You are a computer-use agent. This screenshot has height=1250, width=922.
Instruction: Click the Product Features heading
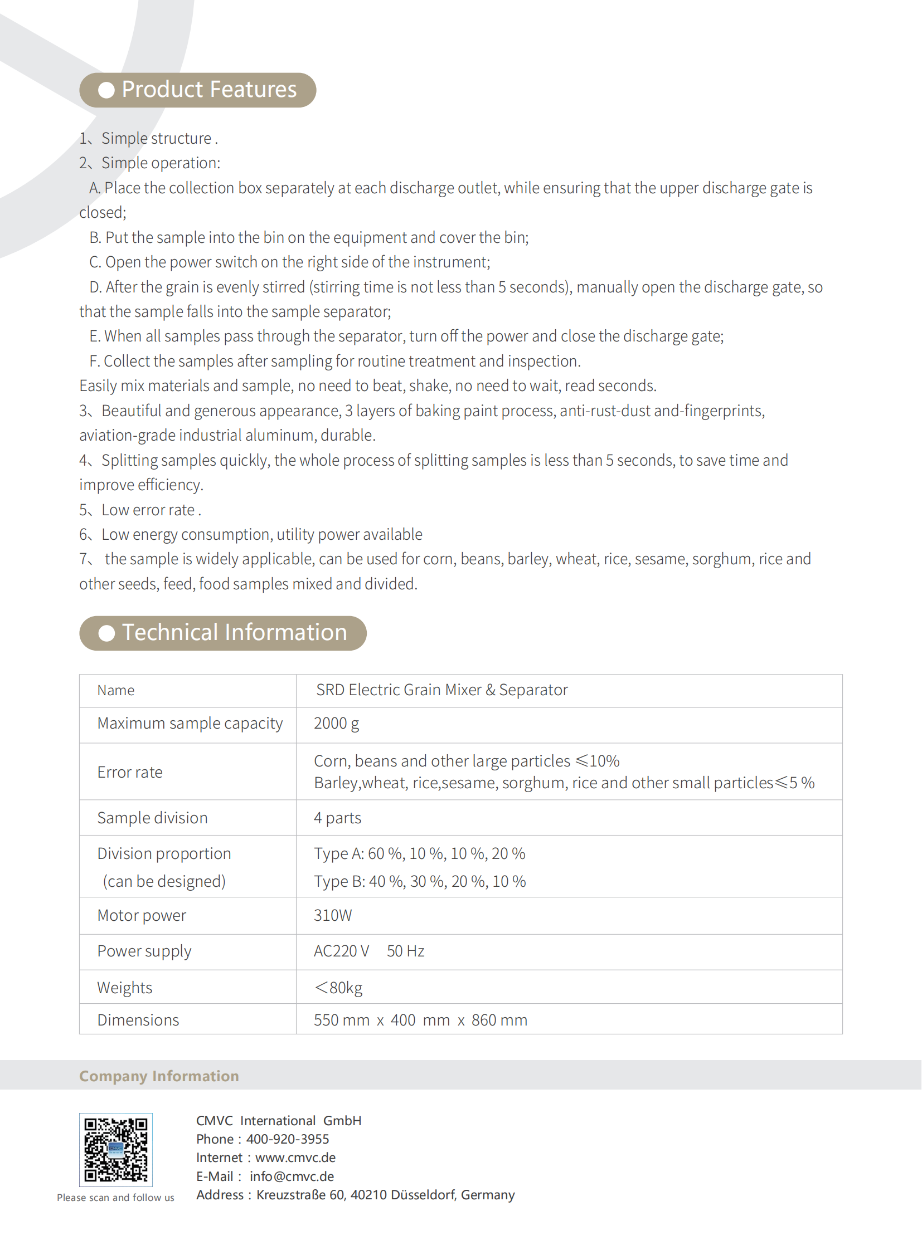[x=208, y=90]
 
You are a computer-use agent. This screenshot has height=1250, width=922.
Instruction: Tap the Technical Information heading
[x=235, y=633]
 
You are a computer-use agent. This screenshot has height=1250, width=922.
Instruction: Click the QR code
[x=115, y=1149]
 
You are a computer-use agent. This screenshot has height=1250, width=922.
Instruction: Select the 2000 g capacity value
[x=336, y=724]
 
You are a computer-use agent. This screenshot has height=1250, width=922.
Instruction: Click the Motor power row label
[x=141, y=915]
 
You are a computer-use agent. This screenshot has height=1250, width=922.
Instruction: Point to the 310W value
[x=333, y=915]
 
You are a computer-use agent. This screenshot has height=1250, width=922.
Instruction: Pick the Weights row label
[x=124, y=987]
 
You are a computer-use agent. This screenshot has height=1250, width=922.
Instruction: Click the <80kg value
[x=338, y=987]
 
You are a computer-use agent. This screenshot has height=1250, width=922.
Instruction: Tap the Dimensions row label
[x=138, y=1019]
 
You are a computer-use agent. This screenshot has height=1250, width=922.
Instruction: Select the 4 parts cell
[x=337, y=818]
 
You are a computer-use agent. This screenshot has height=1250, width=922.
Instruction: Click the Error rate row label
[x=129, y=772]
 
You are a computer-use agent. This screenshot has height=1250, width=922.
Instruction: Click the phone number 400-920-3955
[x=288, y=1139]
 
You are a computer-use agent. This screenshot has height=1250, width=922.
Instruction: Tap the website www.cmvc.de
[x=295, y=1158]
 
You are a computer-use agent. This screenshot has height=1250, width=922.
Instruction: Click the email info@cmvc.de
[x=292, y=1176]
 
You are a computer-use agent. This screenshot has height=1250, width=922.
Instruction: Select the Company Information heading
[x=159, y=1076]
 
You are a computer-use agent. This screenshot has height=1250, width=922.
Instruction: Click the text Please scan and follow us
[x=115, y=1198]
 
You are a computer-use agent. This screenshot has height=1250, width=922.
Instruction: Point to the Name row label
[x=115, y=691]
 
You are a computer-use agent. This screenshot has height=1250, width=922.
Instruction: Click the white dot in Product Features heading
[x=106, y=90]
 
